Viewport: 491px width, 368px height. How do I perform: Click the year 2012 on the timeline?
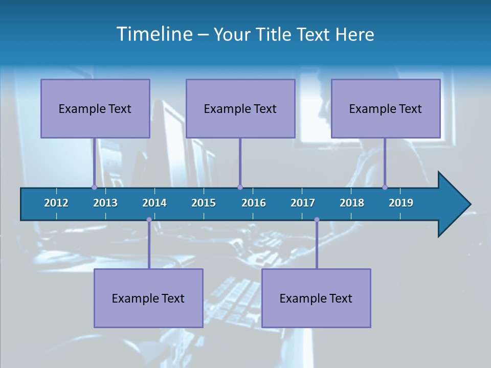click(56, 203)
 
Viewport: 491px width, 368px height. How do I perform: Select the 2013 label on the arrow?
click(105, 203)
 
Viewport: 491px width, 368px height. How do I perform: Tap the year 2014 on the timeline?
click(154, 203)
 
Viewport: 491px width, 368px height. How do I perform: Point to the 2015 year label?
click(204, 203)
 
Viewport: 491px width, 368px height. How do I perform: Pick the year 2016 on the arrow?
click(254, 203)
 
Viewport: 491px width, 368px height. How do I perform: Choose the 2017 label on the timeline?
click(303, 203)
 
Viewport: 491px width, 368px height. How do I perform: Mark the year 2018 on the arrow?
click(352, 203)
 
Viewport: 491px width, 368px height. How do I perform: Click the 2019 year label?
click(401, 203)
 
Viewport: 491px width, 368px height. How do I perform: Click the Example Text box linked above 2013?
click(95, 108)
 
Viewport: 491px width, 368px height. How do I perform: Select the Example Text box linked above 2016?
click(240, 108)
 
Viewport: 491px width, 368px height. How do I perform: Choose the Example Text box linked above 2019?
click(386, 108)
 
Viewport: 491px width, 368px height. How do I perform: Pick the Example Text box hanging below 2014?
click(148, 298)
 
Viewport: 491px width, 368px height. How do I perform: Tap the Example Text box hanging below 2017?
click(316, 298)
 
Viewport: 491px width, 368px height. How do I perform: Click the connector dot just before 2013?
click(94, 187)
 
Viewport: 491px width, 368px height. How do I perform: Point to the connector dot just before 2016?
click(240, 187)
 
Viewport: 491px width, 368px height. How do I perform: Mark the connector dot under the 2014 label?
click(149, 220)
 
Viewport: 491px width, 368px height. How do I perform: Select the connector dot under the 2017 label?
click(317, 220)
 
